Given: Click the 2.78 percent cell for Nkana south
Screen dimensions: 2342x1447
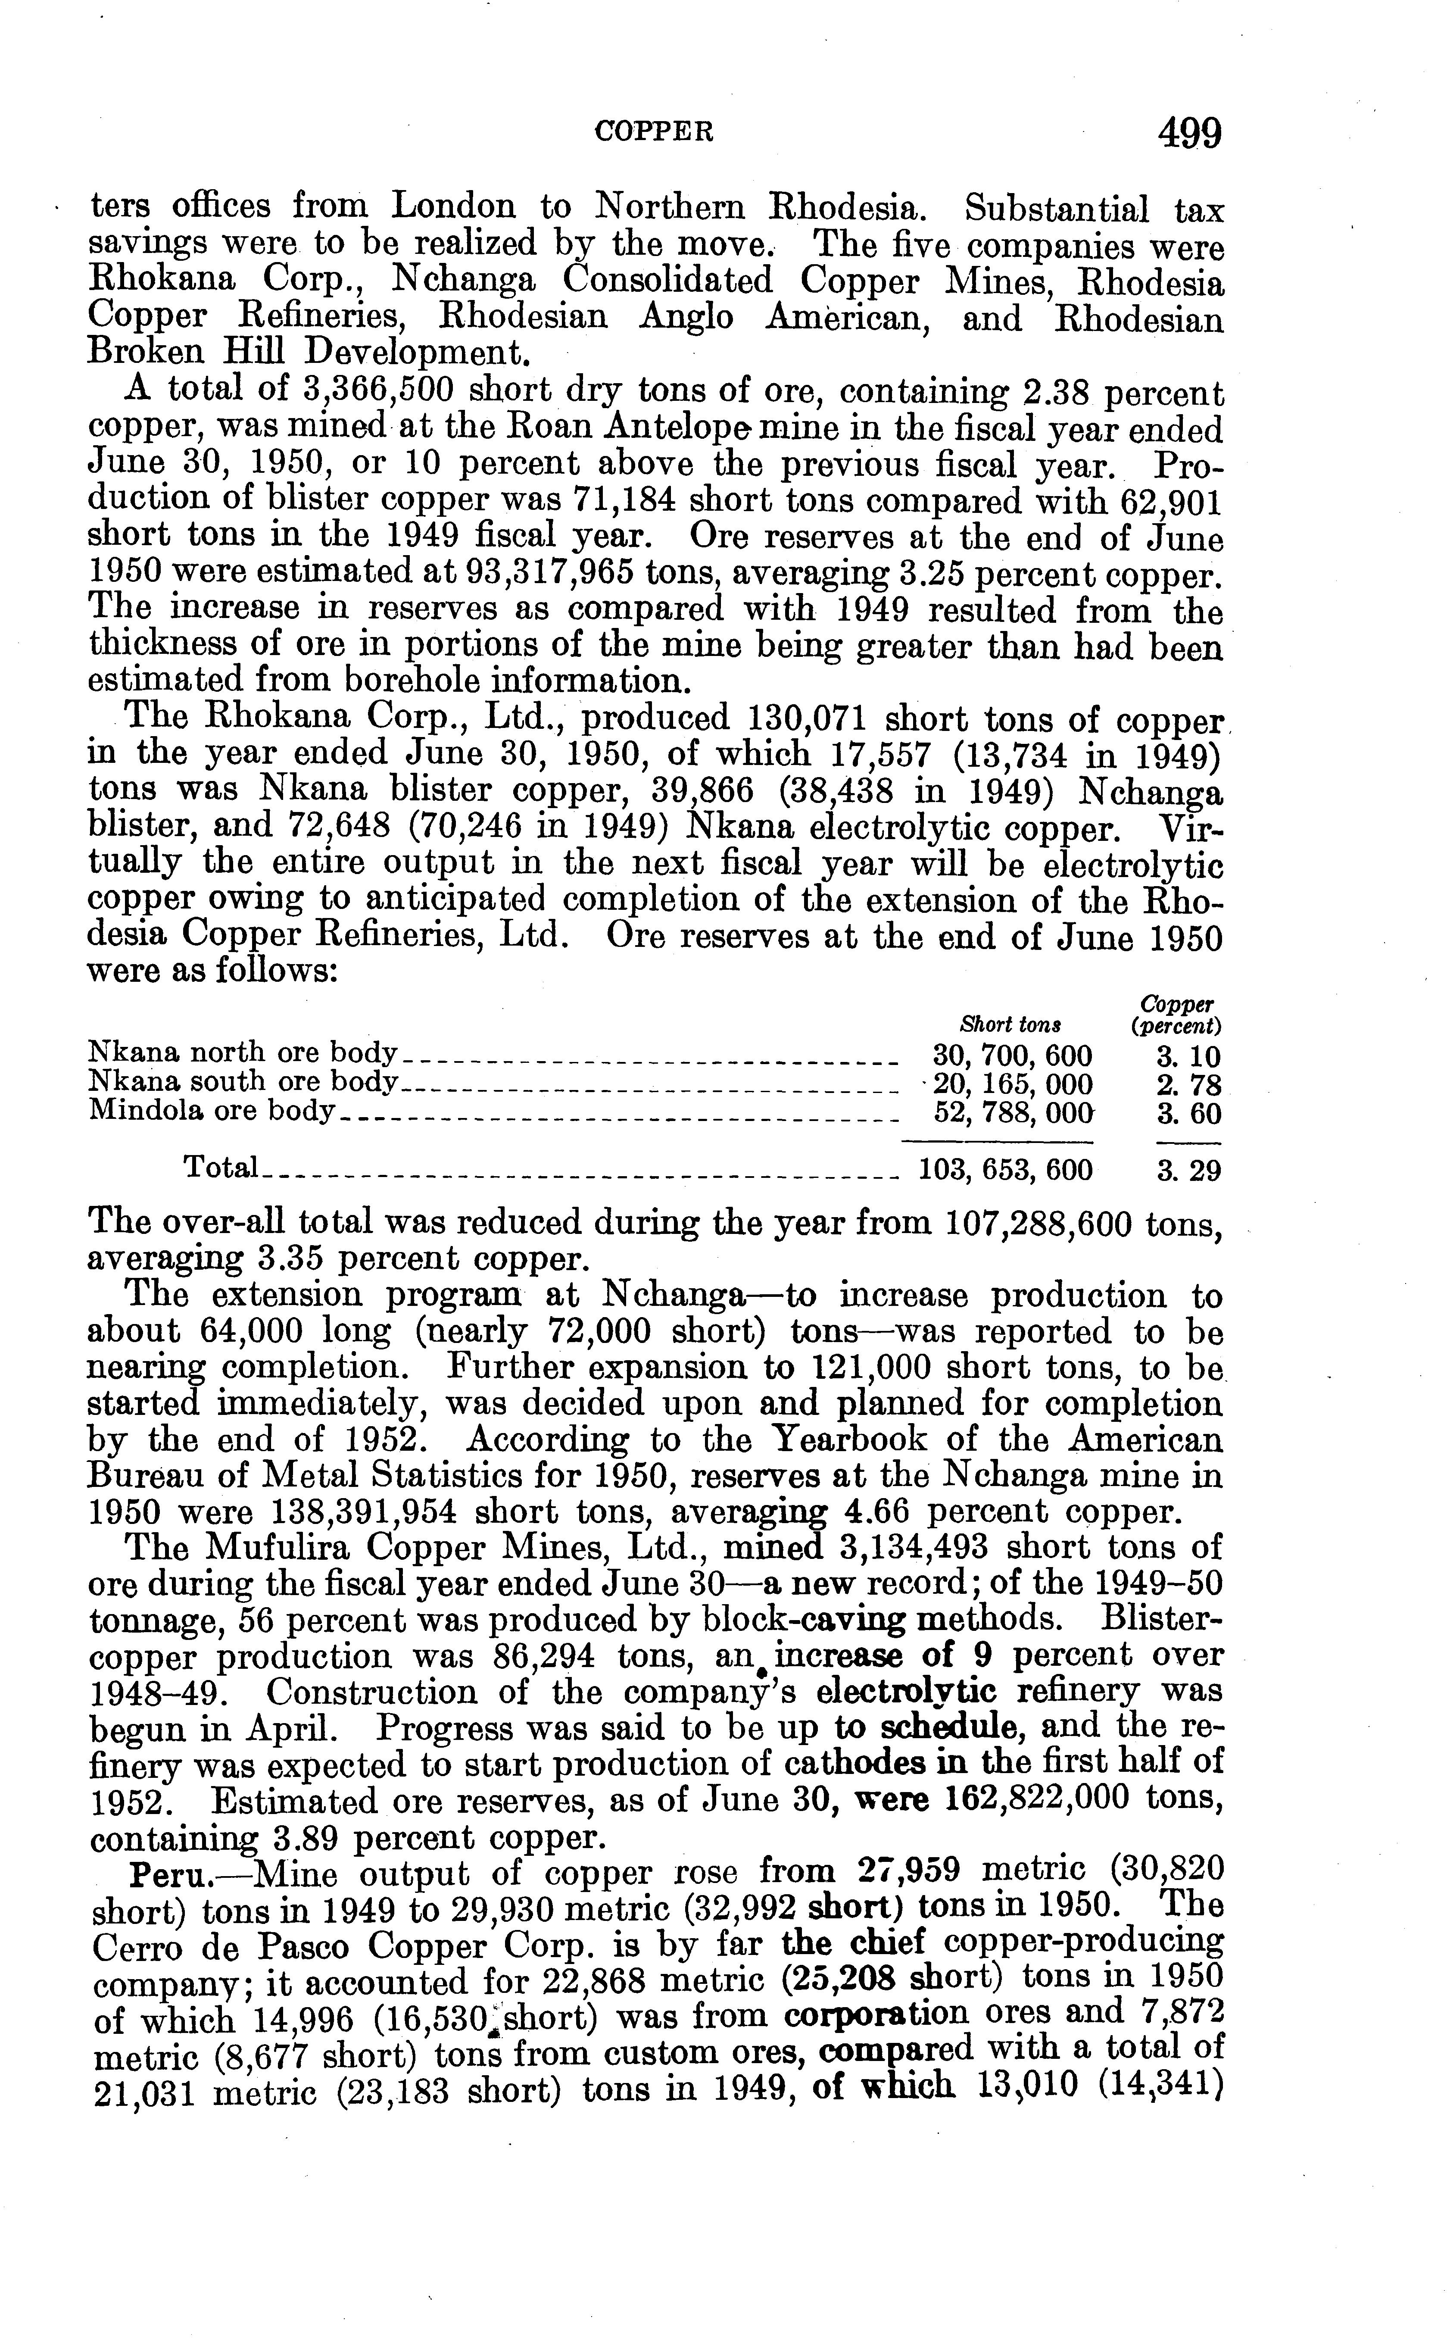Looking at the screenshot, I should (1188, 1085).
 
